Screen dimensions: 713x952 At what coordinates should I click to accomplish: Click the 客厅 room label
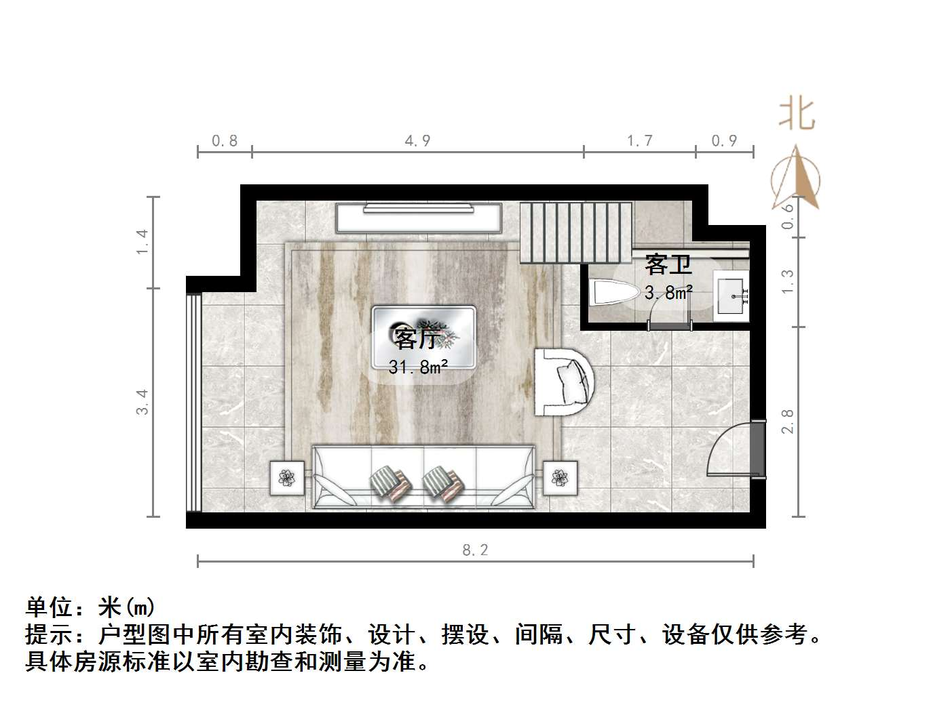(x=417, y=338)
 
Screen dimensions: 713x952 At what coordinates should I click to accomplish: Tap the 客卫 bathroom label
(x=668, y=264)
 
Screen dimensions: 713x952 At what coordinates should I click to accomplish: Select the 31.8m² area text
(x=418, y=367)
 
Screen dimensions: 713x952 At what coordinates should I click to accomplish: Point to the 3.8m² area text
(x=668, y=293)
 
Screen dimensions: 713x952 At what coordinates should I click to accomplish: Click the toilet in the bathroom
(x=614, y=293)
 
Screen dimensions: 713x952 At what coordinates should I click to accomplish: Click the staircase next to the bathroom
(x=575, y=232)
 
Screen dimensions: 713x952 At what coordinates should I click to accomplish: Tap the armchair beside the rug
(x=565, y=382)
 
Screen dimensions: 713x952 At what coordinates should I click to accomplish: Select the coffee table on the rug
(x=423, y=337)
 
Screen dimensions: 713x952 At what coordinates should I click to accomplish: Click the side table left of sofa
(x=288, y=478)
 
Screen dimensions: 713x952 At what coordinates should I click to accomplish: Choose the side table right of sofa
(x=560, y=478)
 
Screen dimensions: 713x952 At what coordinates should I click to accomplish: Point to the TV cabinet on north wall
(x=419, y=218)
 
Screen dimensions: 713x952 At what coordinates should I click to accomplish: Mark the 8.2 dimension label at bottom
(x=475, y=550)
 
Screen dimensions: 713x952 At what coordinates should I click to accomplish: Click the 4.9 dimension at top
(x=417, y=141)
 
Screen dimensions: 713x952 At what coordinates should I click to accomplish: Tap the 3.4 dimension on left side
(x=142, y=401)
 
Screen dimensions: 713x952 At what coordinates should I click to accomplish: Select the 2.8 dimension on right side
(x=787, y=421)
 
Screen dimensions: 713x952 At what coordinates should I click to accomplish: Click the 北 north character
(x=797, y=113)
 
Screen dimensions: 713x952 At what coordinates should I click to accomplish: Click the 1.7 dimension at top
(x=639, y=141)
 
